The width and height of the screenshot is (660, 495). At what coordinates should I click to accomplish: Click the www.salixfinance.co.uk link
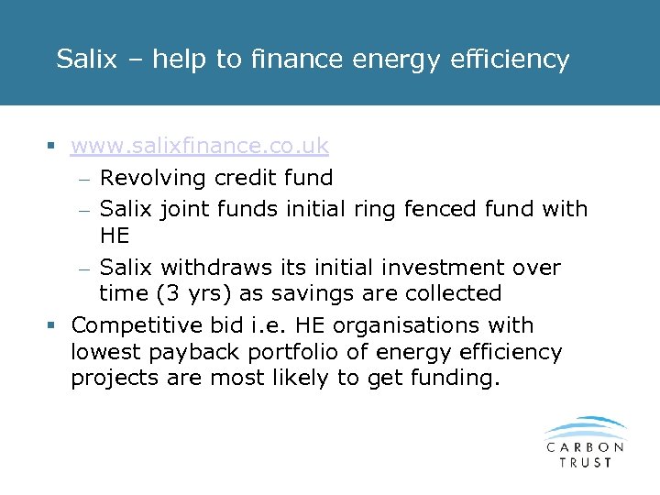(x=199, y=147)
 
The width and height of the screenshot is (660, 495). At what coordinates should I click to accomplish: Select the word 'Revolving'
(x=152, y=178)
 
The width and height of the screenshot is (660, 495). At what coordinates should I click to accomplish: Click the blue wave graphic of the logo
(x=585, y=429)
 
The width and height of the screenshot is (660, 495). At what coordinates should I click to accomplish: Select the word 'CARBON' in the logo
(x=585, y=447)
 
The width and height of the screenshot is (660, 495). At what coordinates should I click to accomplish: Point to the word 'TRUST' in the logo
(x=585, y=462)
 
